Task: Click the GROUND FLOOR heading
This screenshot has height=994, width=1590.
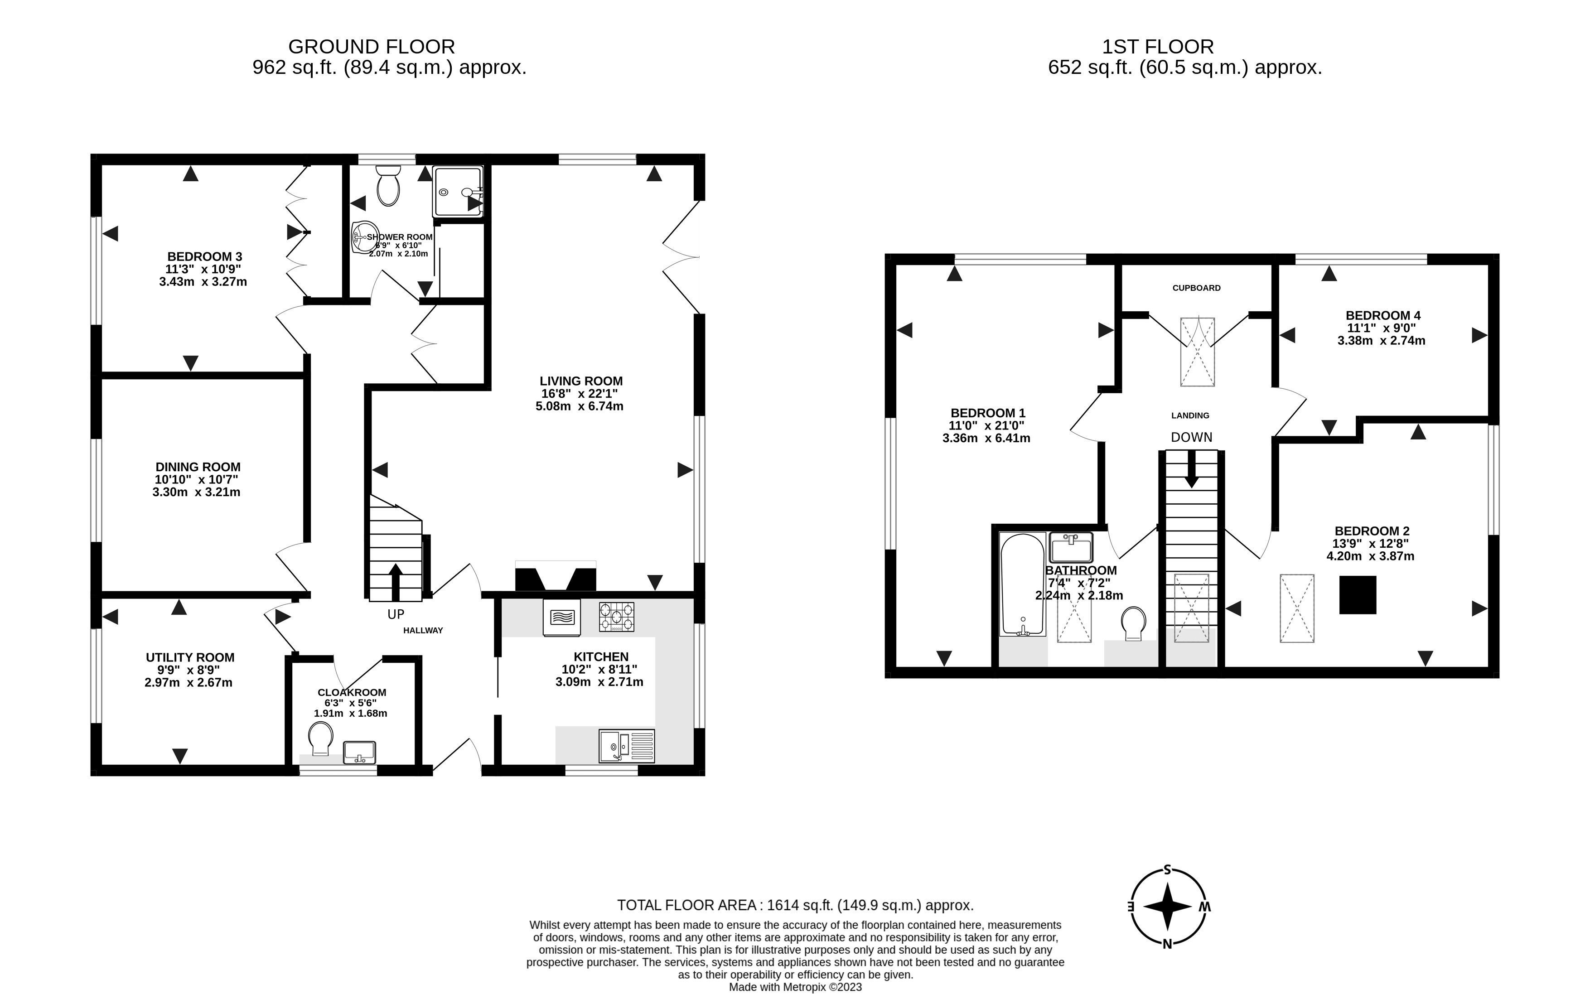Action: pos(372,47)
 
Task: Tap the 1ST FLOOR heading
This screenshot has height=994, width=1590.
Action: pos(1158,47)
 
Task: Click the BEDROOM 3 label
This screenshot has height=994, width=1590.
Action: pos(204,256)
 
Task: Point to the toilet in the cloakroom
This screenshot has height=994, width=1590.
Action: pos(320,739)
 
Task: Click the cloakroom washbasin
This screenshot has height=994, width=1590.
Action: pos(359,752)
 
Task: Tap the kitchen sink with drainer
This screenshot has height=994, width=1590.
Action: pos(626,746)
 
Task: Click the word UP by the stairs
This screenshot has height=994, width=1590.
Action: pos(396,614)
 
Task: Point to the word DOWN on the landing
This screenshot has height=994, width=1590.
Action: pos(1191,437)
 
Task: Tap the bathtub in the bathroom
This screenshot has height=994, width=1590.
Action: pos(1022,584)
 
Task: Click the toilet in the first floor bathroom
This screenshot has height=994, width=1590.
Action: pos(1133,622)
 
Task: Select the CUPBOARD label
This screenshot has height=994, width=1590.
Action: pos(1196,288)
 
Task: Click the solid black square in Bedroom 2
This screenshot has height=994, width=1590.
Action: pos(1357,595)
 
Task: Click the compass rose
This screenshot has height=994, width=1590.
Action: pos(1168,907)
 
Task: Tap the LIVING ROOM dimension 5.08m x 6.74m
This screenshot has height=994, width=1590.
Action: pos(579,406)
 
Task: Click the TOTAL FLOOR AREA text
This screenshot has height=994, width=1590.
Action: pos(795,905)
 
